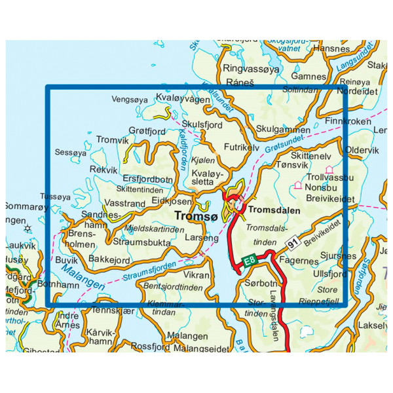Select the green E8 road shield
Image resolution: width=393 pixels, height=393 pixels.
(249, 261)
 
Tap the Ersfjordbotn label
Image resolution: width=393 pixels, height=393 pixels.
(148, 180)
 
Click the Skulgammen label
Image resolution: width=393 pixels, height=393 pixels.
(284, 130)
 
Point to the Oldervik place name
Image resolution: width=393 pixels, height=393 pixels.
(362, 150)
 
